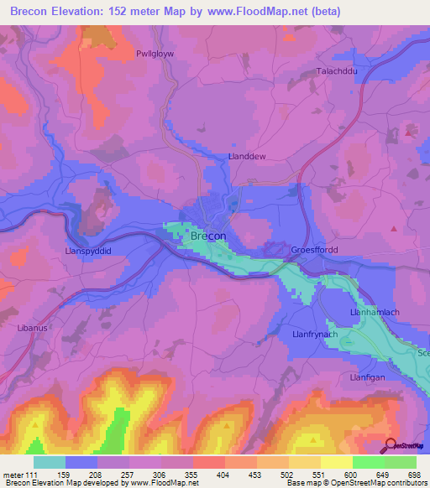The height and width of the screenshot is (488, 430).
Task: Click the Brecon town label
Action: [x=208, y=236]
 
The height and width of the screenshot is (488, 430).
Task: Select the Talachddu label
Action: [x=337, y=71]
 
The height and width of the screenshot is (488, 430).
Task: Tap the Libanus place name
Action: [x=33, y=328]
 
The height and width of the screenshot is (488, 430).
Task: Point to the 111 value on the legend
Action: [x=32, y=474]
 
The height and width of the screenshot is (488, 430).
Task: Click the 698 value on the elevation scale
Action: [x=415, y=474]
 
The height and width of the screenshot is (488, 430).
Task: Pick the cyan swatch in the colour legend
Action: [x=49, y=462]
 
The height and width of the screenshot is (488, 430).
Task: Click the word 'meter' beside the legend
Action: [x=13, y=474]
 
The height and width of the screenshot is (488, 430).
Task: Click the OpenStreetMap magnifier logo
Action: [x=391, y=445]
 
